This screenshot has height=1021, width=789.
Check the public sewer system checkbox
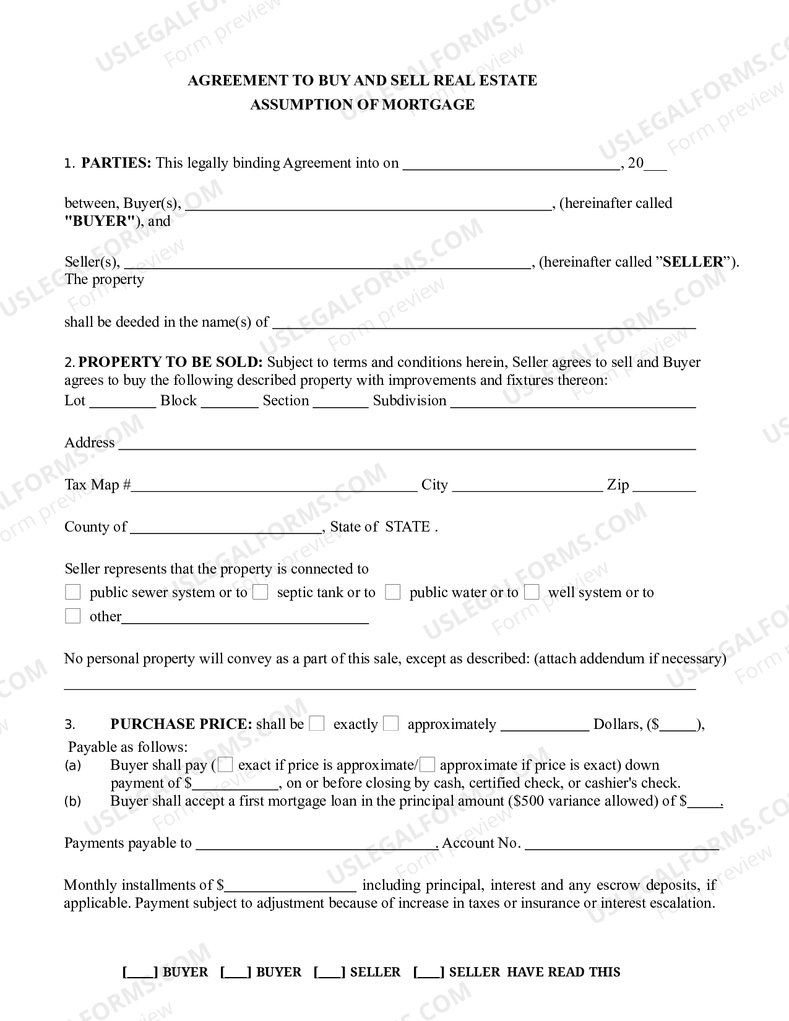point(73,592)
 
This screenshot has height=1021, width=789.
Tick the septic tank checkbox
point(261,592)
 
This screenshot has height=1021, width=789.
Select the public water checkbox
point(392,592)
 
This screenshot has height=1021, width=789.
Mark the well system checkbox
point(532,592)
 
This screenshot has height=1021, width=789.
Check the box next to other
point(73,616)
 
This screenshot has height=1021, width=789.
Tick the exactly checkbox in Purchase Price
point(316,723)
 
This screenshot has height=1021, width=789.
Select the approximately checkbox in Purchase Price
point(390,723)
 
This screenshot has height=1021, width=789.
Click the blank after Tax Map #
point(274,486)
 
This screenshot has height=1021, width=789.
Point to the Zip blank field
point(664,486)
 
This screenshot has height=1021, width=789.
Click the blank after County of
point(226,528)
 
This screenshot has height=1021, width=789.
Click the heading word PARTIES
point(116,163)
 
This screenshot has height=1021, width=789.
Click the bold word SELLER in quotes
point(692,262)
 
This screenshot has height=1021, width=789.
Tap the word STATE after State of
point(407,527)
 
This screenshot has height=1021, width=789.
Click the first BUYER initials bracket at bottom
point(140,972)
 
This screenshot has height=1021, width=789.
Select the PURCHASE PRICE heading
point(181,724)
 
